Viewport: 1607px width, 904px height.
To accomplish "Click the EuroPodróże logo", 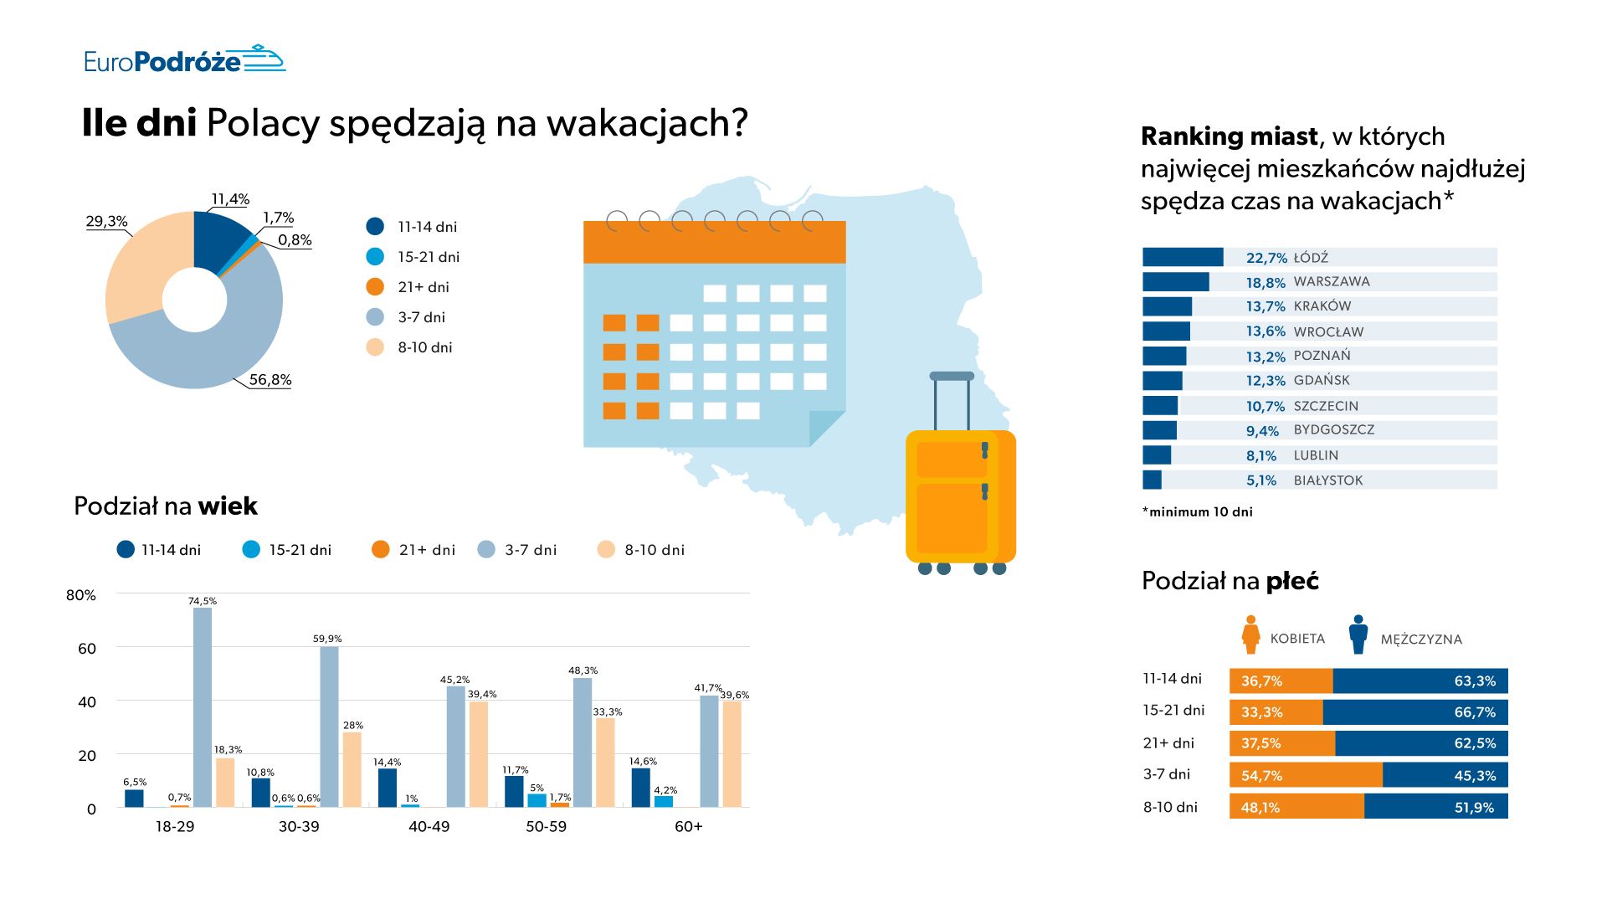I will pos(184,60).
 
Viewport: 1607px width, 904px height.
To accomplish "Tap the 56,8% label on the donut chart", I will pos(270,380).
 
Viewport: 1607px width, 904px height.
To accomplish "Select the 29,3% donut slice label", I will pos(106,222).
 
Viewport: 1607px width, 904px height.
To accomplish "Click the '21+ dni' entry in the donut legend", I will pos(423,287).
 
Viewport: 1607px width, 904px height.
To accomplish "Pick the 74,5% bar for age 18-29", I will pos(203,707).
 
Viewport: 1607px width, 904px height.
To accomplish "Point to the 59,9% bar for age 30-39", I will pos(329,727).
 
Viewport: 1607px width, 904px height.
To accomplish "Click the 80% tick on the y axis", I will pos(81,595).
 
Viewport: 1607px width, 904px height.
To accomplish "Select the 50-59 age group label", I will pos(546,827).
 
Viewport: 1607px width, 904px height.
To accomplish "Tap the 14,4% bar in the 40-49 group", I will pos(388,787).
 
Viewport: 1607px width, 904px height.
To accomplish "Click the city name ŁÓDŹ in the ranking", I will pos(1311,258).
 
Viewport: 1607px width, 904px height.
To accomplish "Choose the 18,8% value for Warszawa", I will pos(1265,283).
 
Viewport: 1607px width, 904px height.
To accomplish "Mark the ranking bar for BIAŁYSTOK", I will pos(1153,480).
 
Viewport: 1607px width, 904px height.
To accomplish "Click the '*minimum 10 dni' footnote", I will pos(1198,512).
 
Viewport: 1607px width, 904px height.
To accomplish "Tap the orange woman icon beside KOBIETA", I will pos(1251,635).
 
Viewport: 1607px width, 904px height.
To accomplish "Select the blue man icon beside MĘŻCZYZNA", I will pos(1358,635).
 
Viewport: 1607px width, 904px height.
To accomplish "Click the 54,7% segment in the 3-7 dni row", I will pos(1306,775).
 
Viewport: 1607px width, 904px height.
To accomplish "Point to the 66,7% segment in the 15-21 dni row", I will pos(1414,712).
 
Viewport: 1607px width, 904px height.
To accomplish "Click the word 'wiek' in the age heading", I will pos(228,506).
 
